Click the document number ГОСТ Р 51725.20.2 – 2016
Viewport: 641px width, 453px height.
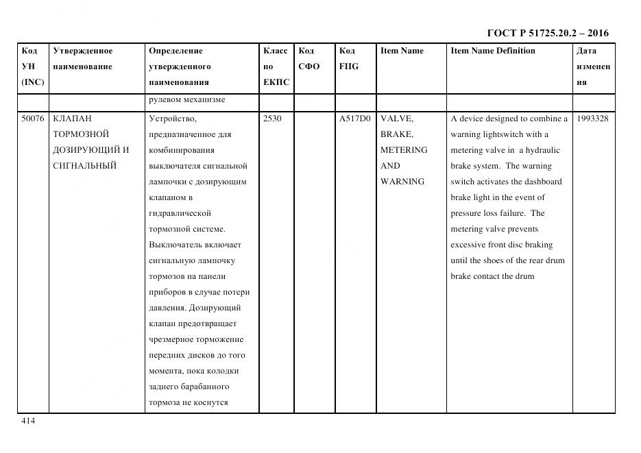[547, 33]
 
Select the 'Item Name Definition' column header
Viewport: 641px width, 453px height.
[493, 51]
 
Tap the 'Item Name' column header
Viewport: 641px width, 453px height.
[402, 51]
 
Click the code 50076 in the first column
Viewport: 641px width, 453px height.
[32, 119]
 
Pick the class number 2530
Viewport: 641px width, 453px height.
[272, 119]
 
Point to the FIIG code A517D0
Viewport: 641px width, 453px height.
[354, 119]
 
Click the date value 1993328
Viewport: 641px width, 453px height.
[592, 119]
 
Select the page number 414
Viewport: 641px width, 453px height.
[28, 421]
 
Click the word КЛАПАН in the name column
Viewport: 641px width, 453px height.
[72, 119]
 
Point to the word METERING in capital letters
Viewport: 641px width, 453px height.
[404, 150]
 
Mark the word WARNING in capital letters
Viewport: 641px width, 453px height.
[402, 182]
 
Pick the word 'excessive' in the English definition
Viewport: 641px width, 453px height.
[469, 245]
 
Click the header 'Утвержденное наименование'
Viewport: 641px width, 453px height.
[83, 59]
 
